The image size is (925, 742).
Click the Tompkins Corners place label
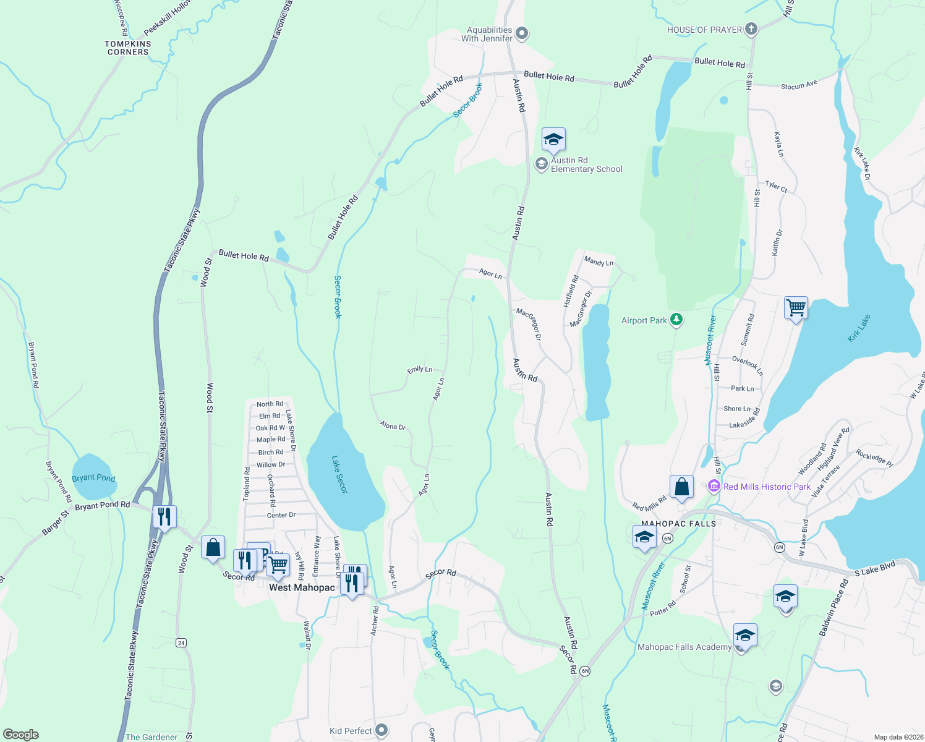pos(128,48)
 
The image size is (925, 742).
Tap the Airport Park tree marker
pos(676,320)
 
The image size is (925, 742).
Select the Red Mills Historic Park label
pos(767,487)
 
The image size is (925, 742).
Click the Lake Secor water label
pos(339,475)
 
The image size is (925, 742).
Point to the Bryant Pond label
pos(93,477)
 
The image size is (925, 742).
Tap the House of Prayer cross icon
pos(751,29)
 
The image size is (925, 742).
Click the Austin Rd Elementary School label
pos(586,164)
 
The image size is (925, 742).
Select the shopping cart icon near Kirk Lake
pos(796,307)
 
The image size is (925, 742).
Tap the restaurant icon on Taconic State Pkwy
pos(164,516)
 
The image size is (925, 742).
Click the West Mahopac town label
pos(302,587)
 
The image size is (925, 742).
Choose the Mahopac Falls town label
pos(678,524)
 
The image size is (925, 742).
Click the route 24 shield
pos(181,642)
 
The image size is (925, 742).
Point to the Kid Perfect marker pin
pos(382,731)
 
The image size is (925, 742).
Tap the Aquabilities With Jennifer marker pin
pos(522,33)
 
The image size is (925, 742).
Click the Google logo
pos(20,734)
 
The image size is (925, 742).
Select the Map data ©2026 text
pos(897,737)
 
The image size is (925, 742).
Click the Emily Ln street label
pos(419,370)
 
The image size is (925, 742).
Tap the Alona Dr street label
pos(393,426)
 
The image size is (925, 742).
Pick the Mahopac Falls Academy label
pos(684,647)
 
